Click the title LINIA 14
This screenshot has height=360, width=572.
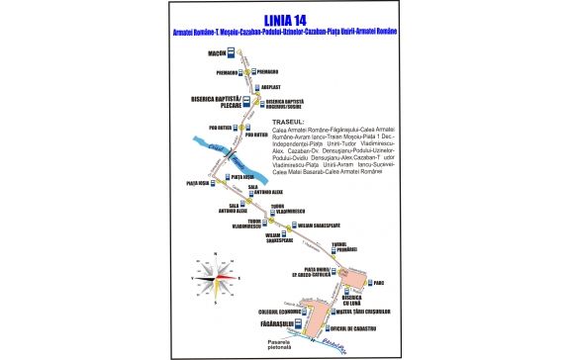pos(286,17)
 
